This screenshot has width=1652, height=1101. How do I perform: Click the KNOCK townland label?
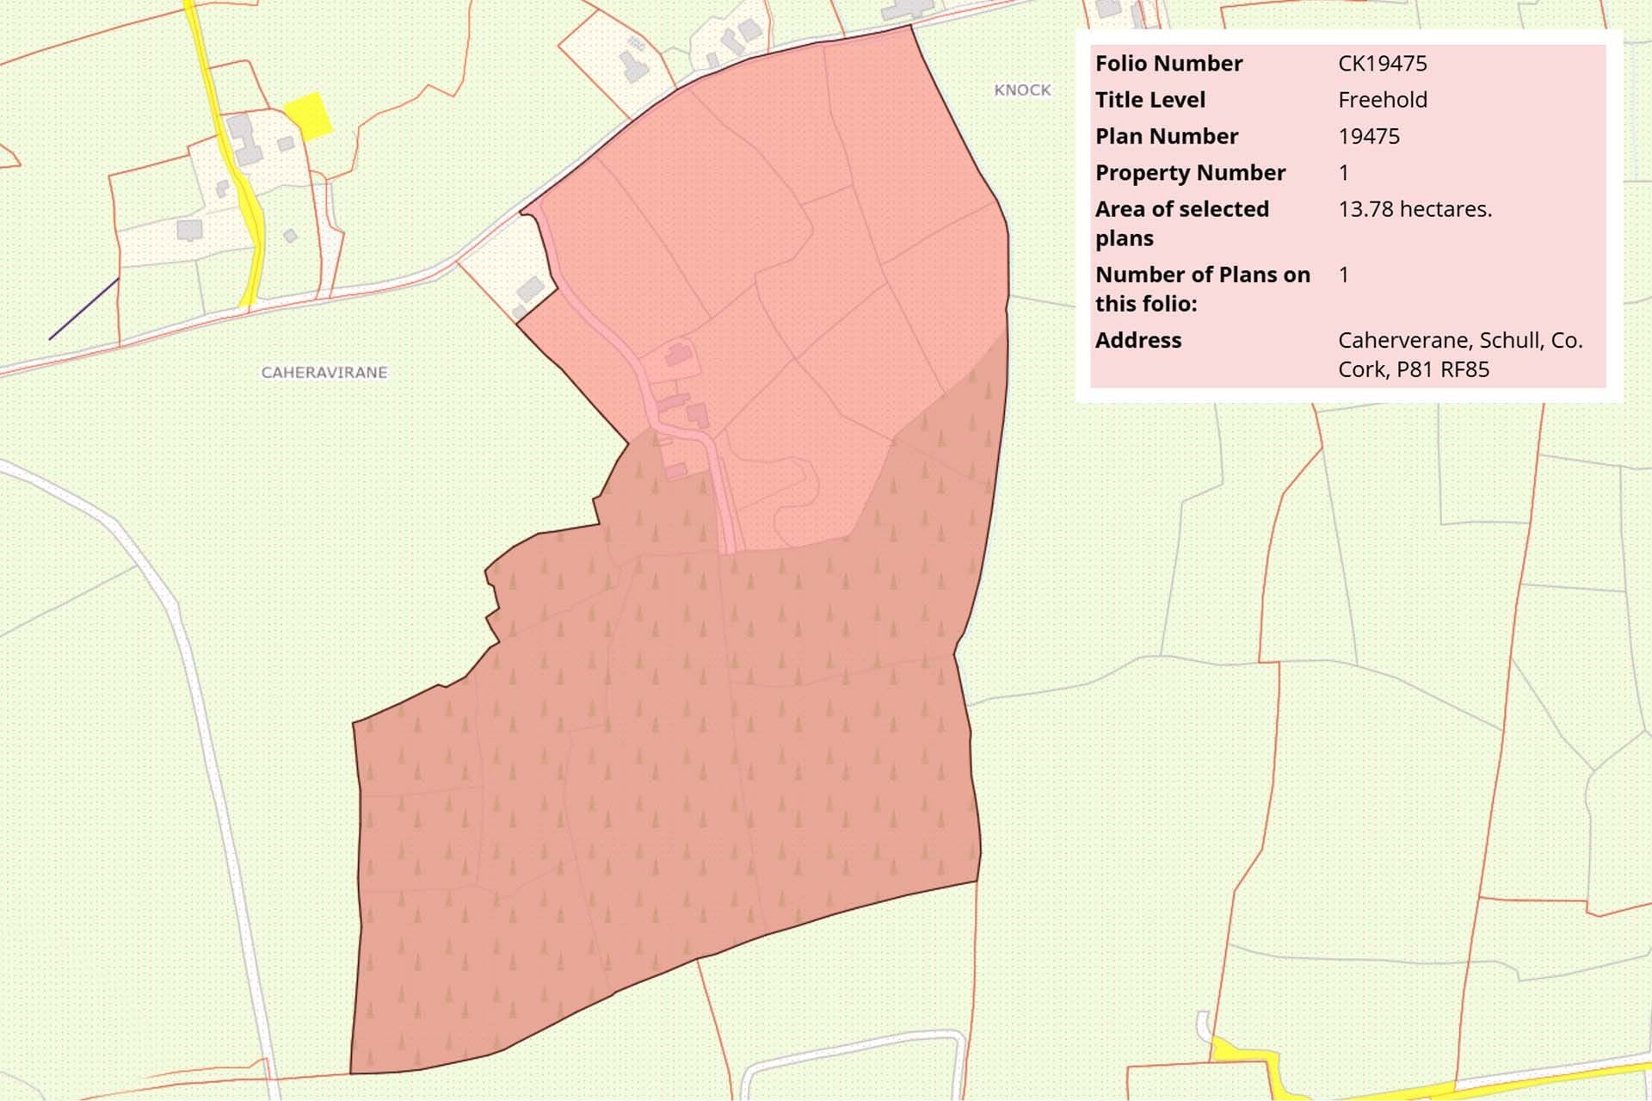coord(1022,90)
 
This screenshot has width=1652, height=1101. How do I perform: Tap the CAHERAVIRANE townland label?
coord(324,373)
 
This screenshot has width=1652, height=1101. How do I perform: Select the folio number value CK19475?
coord(1382,64)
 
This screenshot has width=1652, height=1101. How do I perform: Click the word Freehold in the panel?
coord(1382,100)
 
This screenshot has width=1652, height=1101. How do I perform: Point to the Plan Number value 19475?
coord(1368,136)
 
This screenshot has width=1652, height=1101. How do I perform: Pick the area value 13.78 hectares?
coord(1415,209)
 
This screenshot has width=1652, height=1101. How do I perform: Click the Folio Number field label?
coord(1168,64)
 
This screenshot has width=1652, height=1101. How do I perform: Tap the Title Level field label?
coord(1150,100)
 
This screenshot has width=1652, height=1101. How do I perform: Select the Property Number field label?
coord(1190,173)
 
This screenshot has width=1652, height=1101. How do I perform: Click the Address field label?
coord(1137,340)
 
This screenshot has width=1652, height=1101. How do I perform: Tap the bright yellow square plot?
coord(308,115)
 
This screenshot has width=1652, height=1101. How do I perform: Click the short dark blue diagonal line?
coord(83,309)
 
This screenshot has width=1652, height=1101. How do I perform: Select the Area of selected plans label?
coord(1181,223)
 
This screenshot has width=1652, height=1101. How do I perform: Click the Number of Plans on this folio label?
coord(1202,288)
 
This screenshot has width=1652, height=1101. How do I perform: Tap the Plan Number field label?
coord(1166,136)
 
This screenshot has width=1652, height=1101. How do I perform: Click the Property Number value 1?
coord(1343,173)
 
